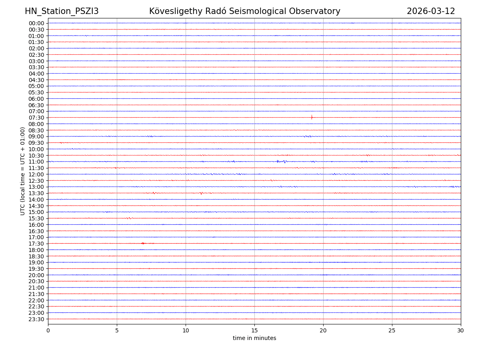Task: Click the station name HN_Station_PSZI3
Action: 62,12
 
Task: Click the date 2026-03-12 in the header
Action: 431,12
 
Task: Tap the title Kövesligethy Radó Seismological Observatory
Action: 244,12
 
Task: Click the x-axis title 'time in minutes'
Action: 254,338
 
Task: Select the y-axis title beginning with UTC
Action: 23,171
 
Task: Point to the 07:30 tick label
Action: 36,118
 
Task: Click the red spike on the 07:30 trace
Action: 312,117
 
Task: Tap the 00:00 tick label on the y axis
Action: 36,23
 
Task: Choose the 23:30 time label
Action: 36,319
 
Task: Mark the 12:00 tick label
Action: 36,174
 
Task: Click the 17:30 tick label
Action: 36,244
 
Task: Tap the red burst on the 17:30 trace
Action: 143,243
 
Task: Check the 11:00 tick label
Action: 36,162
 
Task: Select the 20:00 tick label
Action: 36,275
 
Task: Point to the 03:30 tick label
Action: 36,67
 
